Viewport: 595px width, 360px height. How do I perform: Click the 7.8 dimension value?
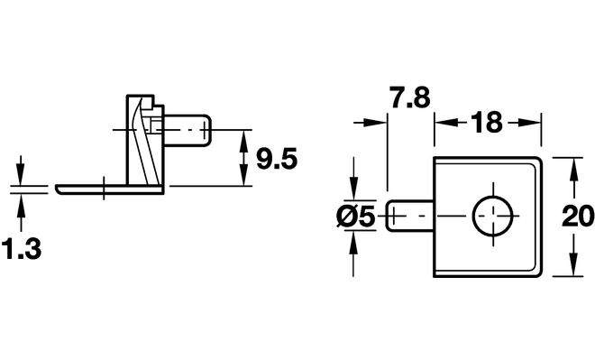411,97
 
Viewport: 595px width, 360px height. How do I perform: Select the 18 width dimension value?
487,123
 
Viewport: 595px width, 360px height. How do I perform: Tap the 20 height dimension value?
578,216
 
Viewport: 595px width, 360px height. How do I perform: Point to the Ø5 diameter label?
356,217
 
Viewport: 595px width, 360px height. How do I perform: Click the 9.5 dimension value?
277,159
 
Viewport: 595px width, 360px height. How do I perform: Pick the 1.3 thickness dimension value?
22,248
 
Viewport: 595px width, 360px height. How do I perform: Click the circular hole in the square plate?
492,216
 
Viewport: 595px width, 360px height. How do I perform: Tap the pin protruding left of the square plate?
410,216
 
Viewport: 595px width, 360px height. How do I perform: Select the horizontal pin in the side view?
188,130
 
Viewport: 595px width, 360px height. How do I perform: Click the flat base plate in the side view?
110,189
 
